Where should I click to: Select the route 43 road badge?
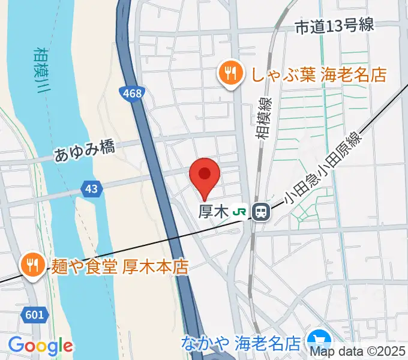91,189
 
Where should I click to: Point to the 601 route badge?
35,314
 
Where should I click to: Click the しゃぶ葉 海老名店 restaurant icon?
230,74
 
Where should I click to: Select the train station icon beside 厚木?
260,212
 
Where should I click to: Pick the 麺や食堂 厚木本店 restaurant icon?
31,265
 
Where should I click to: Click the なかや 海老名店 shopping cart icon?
316,343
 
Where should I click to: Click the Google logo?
40,346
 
